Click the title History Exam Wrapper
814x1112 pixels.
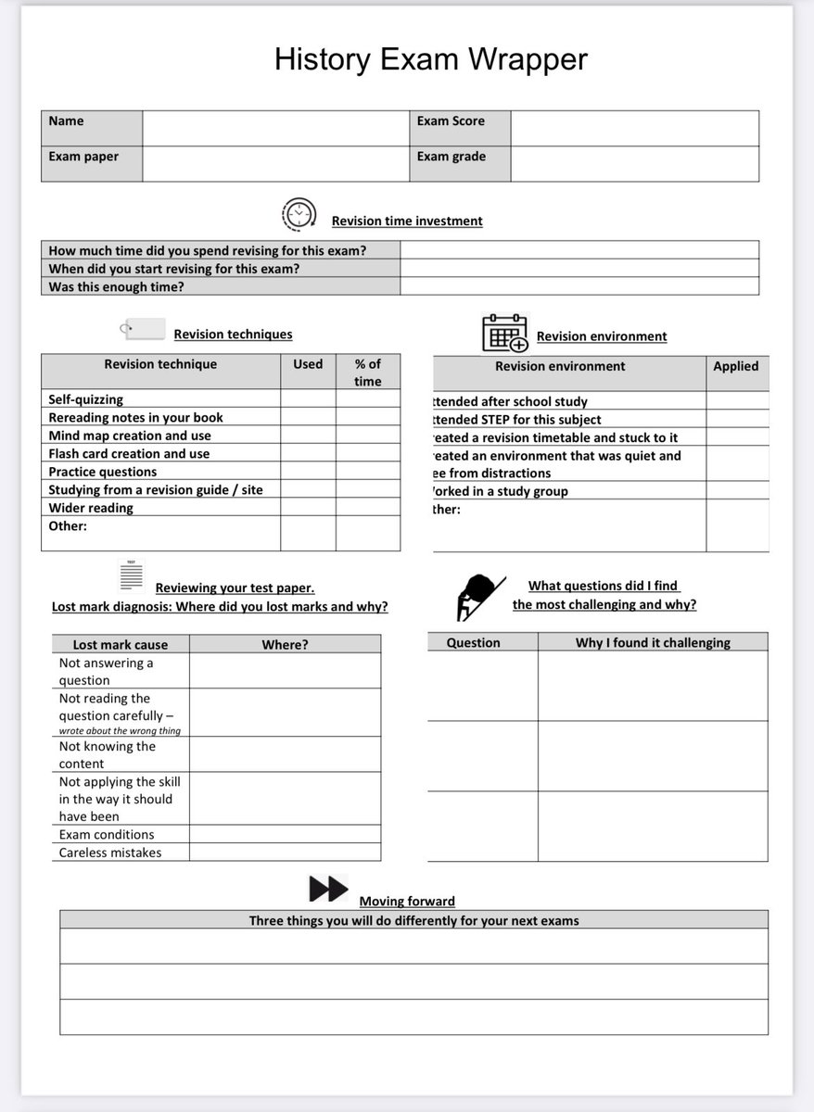coord(430,59)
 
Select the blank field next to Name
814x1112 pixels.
coord(275,129)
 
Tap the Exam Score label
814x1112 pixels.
coord(451,121)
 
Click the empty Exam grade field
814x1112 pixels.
coord(634,164)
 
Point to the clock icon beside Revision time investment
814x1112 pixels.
coord(299,215)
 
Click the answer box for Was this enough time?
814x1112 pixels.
coord(579,286)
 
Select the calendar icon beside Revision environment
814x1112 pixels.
coord(504,334)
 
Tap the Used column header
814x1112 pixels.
coord(308,364)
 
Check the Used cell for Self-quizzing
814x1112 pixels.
coord(308,399)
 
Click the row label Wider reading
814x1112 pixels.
coord(91,508)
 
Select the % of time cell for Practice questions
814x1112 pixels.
coord(368,472)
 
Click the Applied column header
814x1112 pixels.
coord(736,366)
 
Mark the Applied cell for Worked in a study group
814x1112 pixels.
coord(737,491)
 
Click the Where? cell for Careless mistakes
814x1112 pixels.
coord(285,853)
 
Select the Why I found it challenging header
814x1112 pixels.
coord(653,642)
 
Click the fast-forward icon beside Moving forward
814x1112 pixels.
coord(328,890)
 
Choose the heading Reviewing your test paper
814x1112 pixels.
coord(235,588)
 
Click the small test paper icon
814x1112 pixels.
coord(132,575)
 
